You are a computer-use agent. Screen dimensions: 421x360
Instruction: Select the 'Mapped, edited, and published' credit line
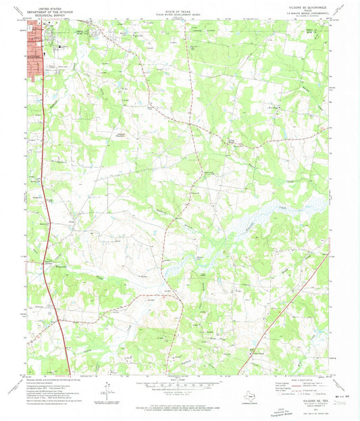pos(61,379)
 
